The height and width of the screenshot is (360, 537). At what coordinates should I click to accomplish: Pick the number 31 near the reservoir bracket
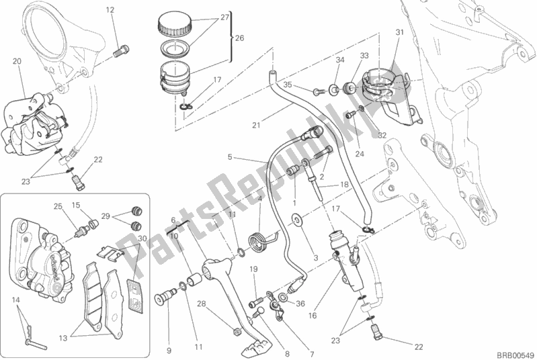(x=399, y=32)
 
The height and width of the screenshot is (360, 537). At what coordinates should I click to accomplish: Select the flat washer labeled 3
(x=296, y=218)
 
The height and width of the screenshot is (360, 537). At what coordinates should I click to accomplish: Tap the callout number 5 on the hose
(x=230, y=157)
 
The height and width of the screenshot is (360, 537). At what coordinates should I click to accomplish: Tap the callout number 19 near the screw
(x=255, y=269)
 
